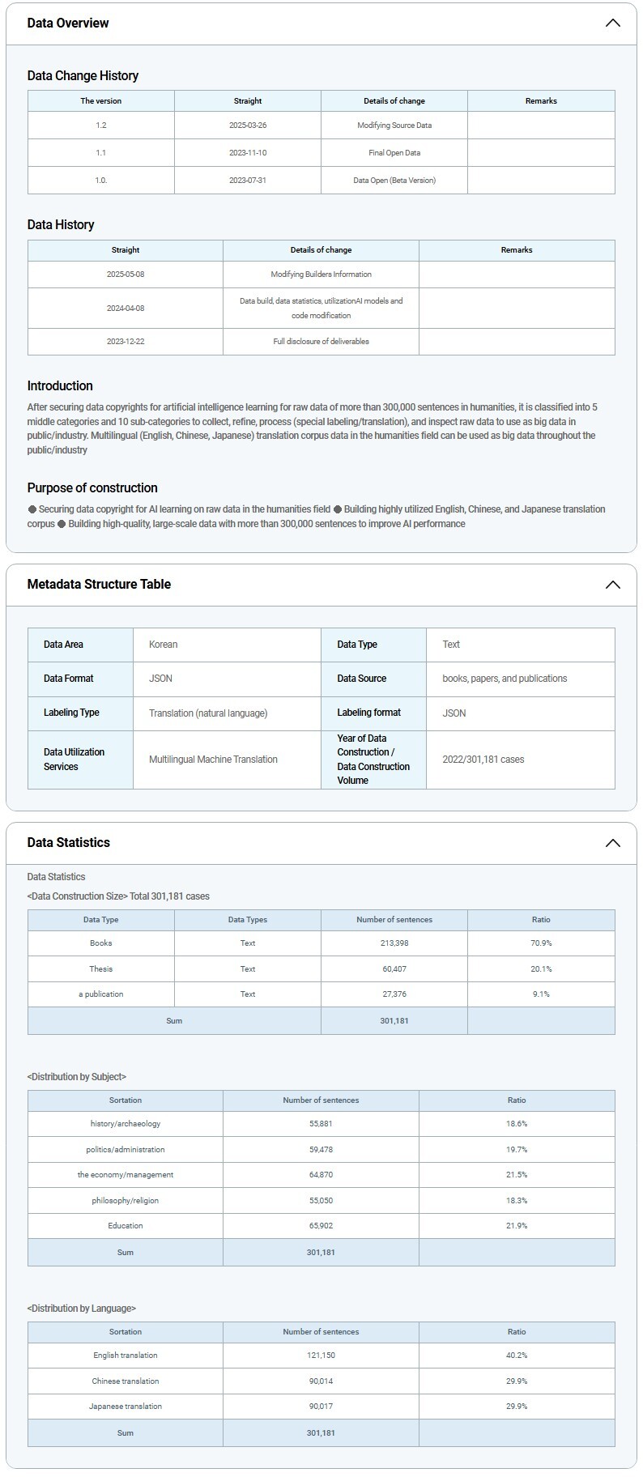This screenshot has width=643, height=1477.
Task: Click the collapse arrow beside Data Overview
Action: coord(612,23)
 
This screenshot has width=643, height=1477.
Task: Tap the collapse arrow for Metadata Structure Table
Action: coord(612,585)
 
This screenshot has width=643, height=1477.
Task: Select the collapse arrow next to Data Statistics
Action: coord(612,843)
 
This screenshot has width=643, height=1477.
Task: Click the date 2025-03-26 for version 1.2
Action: coord(248,126)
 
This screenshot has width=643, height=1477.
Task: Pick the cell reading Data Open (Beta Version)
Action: coord(394,180)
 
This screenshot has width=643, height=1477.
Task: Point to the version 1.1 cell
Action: coord(101,152)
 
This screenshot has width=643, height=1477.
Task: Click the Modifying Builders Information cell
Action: coord(321,275)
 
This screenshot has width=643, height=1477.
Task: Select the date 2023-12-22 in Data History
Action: coord(126,342)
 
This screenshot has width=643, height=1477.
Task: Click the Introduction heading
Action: coord(60,386)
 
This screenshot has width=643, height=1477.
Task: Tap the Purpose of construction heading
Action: coord(92,487)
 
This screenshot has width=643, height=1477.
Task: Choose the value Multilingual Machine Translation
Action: coord(213,760)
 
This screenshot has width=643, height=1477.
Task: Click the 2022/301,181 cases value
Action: coord(483,760)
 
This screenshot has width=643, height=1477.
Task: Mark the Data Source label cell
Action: coord(361,679)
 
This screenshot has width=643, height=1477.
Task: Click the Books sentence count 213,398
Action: coord(394,943)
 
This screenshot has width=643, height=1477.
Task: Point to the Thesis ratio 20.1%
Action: coord(541,969)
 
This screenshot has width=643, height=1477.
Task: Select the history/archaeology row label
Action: coord(126,1124)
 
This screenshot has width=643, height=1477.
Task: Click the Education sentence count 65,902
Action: coord(321,1226)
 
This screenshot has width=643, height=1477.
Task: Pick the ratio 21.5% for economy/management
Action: coord(517,1175)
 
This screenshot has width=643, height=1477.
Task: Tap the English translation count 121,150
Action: coord(321,1356)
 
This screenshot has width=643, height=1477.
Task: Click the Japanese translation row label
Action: coord(126,1407)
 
